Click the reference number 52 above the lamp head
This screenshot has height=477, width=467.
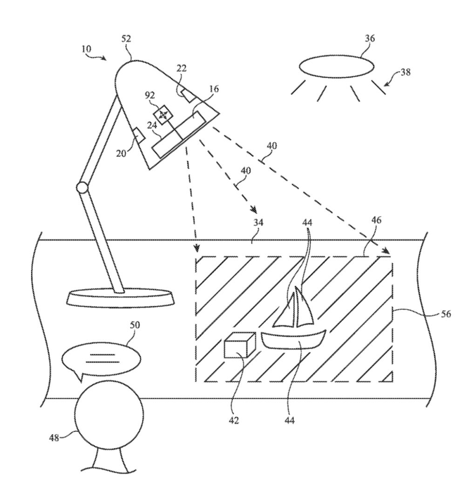126,39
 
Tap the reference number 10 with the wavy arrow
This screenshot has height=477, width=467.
86,49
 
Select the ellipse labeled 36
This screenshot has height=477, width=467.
336,66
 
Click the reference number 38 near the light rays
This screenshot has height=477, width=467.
406,72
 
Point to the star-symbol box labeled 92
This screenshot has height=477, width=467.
163,115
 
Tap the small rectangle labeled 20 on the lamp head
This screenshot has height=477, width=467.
139,135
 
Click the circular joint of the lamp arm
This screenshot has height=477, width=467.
82,188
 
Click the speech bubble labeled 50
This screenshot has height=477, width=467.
101,359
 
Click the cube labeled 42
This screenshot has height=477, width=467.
240,345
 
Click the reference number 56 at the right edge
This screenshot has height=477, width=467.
446,313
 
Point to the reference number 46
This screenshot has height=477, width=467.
376,220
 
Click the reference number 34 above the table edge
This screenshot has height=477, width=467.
258,223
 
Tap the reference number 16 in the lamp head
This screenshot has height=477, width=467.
214,89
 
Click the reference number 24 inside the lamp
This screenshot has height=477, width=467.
152,125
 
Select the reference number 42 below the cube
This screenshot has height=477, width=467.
234,421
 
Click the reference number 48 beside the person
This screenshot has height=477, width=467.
54,438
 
